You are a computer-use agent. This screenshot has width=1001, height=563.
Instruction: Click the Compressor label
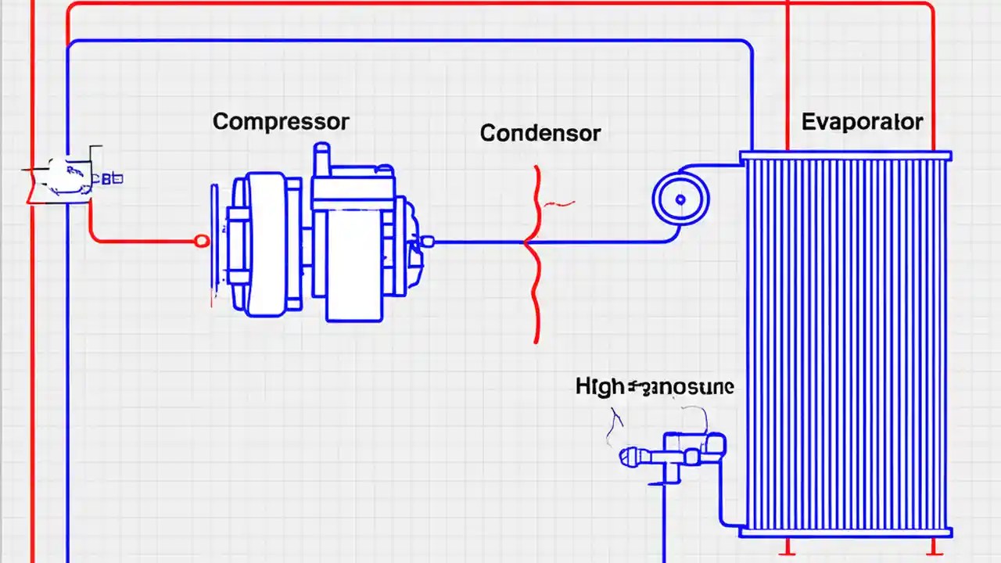pos(281,122)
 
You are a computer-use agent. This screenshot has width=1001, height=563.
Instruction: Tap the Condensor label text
pos(540,133)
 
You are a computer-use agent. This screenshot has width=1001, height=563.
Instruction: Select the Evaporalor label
pos(862,122)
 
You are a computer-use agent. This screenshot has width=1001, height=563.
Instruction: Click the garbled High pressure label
pos(655,386)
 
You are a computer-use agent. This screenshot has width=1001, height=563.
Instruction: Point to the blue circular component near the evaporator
pos(680,199)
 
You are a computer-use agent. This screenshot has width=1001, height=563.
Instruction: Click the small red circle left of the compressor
pos(202,242)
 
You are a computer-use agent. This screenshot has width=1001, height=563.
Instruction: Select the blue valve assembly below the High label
pos(673,454)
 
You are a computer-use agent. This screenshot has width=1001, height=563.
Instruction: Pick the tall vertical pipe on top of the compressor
pos(321,160)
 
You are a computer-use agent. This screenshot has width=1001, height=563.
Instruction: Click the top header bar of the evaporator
pos(845,156)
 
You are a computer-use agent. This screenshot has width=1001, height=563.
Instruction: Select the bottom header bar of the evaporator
pos(845,533)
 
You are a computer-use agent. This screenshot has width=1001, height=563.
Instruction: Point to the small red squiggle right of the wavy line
pos(559,204)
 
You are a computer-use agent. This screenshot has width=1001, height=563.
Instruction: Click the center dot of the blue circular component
pos(680,200)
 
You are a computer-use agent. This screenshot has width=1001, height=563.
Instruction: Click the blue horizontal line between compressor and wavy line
pos(477,242)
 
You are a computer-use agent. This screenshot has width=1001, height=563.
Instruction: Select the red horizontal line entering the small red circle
pos(141,242)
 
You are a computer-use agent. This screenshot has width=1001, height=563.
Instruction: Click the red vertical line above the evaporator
pos(788,78)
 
